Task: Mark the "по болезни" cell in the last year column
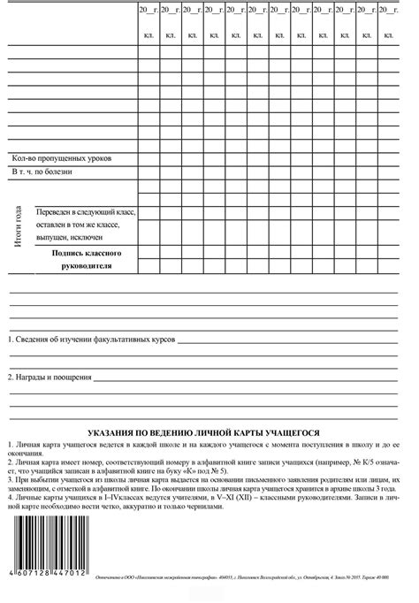coord(389,172)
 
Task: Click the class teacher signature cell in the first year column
coord(148,259)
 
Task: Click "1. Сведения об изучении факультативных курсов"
coord(92,340)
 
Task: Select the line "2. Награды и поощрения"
coord(50,378)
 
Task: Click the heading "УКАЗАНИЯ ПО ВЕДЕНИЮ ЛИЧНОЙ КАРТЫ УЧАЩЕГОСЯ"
coord(209,432)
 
